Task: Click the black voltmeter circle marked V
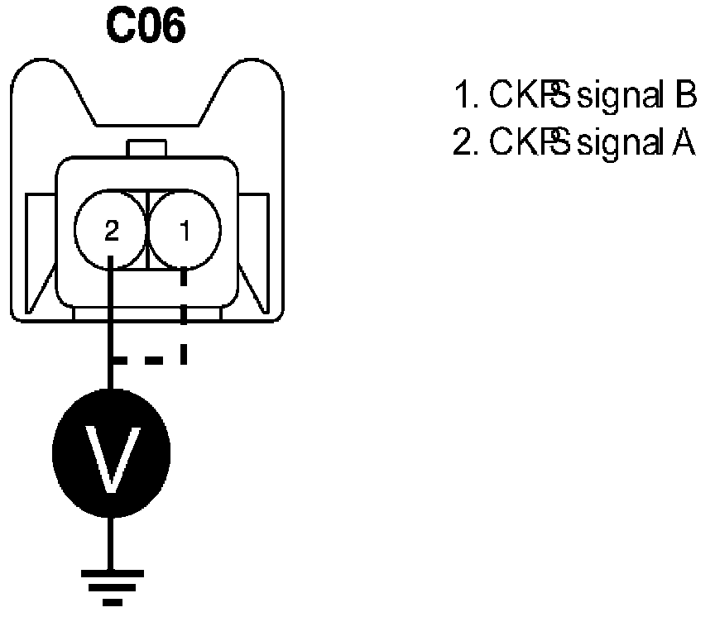(x=111, y=452)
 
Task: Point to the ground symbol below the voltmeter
(x=111, y=583)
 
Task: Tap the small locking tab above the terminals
(x=146, y=149)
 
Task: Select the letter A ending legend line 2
(x=688, y=143)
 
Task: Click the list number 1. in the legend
(x=465, y=97)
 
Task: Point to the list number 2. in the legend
(x=465, y=143)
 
